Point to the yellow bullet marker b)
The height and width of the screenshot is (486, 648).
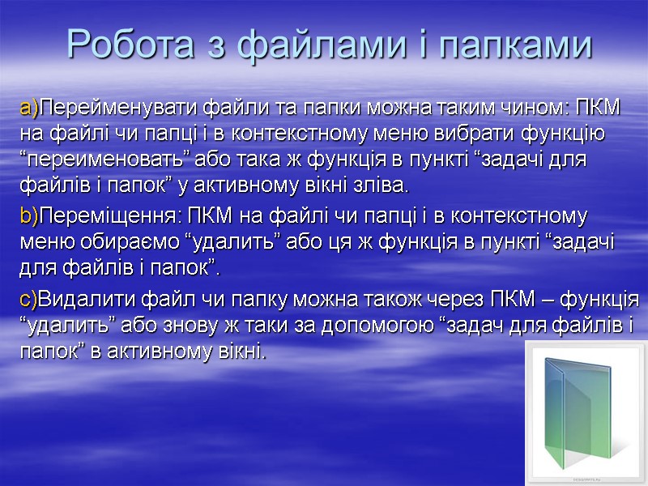[x=29, y=218]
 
